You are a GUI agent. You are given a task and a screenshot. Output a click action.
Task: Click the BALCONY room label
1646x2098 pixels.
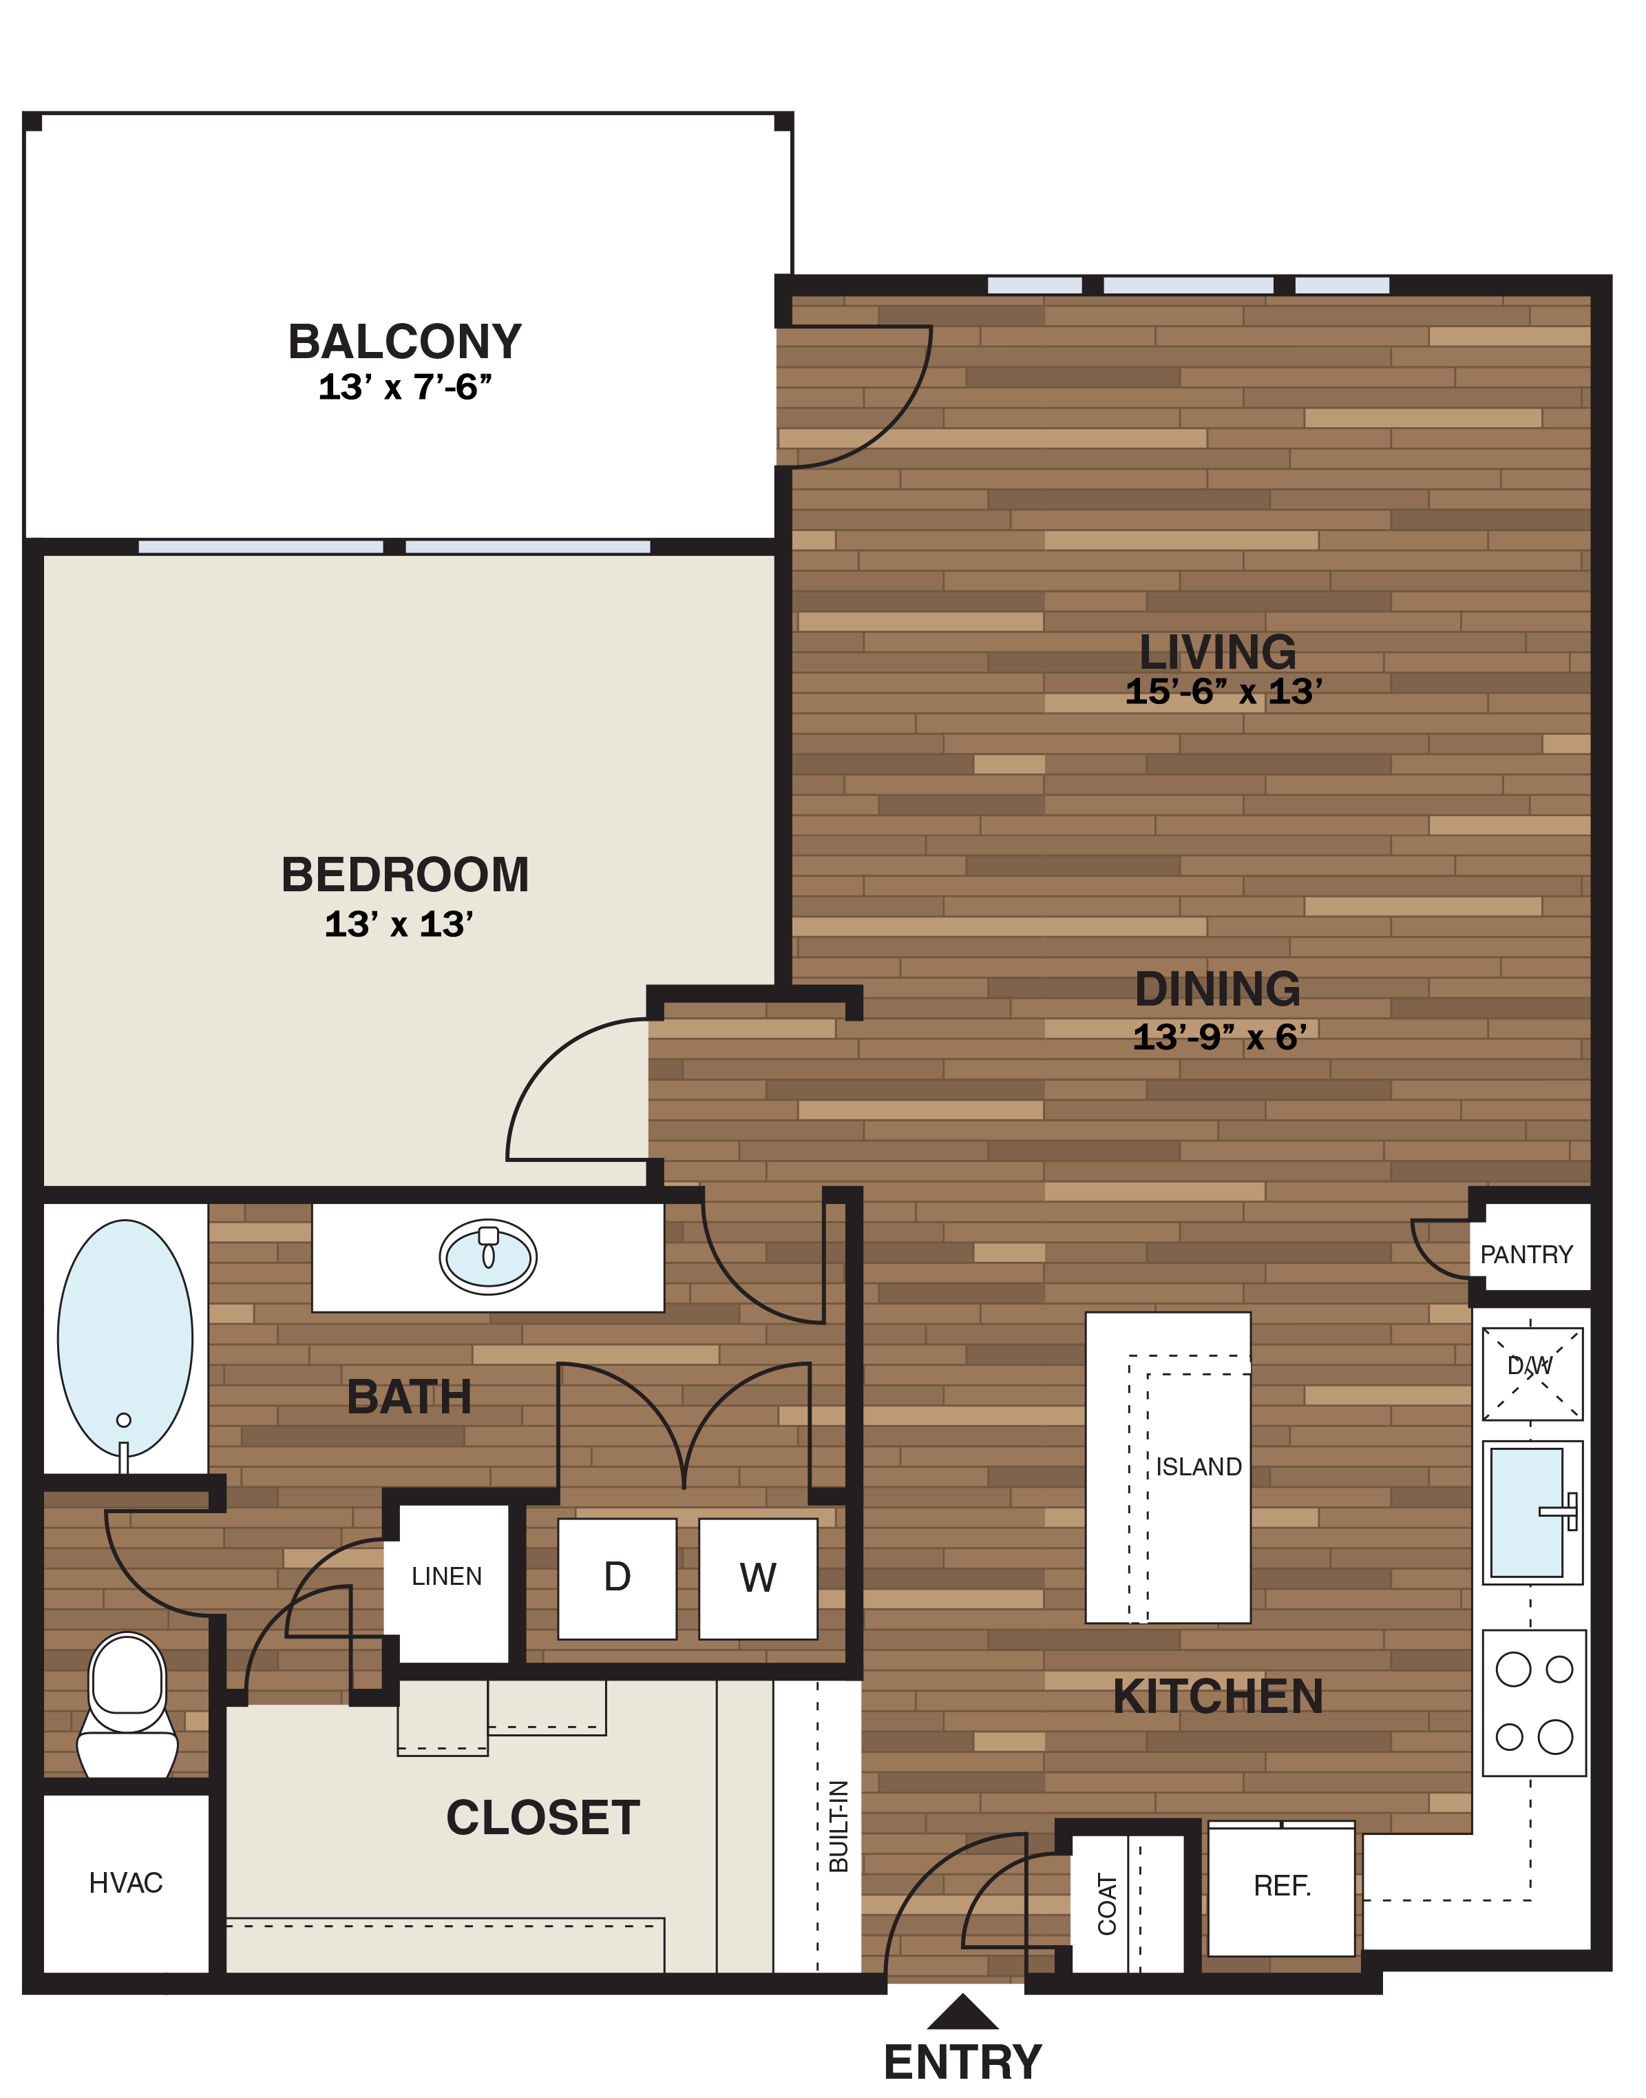405,342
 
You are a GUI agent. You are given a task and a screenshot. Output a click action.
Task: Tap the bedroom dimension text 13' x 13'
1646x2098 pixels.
399,924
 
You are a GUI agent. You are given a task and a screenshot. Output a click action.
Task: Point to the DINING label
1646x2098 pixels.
1217,989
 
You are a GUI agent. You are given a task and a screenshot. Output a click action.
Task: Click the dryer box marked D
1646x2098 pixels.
617,1578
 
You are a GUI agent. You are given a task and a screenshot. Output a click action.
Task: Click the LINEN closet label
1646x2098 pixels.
446,1577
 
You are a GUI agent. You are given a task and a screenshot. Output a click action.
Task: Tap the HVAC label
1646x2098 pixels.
126,1883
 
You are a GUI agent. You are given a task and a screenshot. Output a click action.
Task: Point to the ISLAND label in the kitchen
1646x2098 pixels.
1198,1466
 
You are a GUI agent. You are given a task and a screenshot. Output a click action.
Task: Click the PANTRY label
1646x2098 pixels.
1526,1254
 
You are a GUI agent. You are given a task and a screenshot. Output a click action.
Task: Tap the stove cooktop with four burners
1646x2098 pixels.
1533,1703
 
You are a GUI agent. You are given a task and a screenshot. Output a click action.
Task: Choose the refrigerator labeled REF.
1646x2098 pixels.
1282,1886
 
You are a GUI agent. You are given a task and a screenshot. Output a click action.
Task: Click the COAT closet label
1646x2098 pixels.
1106,1904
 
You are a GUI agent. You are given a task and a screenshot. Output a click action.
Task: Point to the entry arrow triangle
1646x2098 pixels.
962,2012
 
